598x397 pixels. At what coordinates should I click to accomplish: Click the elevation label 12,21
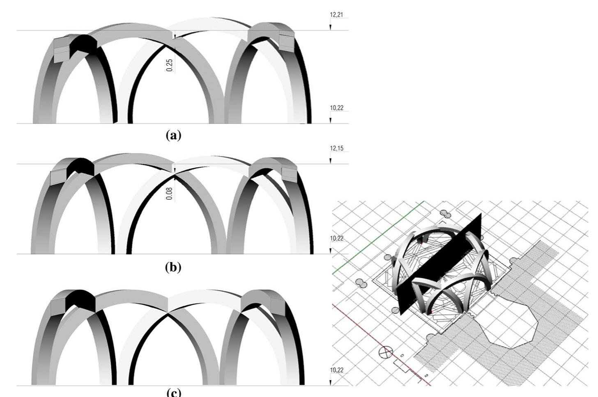336,15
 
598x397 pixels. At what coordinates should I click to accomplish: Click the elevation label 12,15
336,148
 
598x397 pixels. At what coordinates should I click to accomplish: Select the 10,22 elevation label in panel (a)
336,108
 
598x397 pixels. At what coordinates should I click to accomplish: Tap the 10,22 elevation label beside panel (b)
336,238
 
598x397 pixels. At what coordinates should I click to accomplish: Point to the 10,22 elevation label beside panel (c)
336,370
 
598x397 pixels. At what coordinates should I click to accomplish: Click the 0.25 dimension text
170,65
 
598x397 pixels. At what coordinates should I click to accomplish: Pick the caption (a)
173,135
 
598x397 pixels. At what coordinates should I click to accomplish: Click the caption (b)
173,267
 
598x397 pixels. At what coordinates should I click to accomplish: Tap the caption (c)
173,392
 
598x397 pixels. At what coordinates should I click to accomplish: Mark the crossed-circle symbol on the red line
385,352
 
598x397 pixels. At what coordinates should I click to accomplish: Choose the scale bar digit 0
402,355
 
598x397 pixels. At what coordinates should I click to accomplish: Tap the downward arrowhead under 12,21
330,27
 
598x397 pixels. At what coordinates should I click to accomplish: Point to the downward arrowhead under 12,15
330,161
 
